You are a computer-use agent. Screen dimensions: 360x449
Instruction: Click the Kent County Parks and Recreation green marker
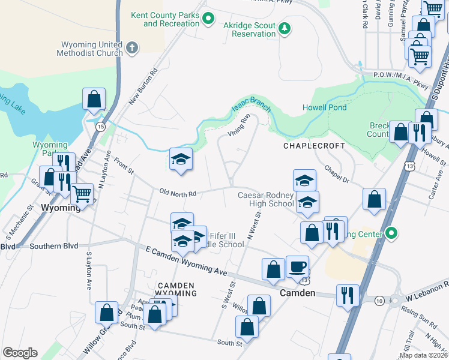click(208, 19)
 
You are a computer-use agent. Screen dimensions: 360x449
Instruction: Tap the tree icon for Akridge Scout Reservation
click(285, 28)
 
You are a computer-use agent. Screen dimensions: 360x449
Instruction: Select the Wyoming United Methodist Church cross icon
click(133, 47)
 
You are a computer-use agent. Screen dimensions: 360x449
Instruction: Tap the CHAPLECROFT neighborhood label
click(314, 146)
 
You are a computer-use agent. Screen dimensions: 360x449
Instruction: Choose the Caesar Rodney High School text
click(265, 199)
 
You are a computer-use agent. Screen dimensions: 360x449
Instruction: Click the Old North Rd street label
click(178, 193)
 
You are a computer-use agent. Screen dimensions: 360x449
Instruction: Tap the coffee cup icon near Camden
click(297, 266)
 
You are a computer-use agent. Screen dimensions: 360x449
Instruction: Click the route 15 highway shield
click(100, 127)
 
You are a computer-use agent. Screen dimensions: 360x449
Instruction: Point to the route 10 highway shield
click(379, 299)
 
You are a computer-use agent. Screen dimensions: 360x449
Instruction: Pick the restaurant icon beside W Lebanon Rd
click(348, 295)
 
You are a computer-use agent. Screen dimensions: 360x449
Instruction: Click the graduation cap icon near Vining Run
click(181, 159)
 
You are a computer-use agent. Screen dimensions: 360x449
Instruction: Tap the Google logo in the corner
click(20, 353)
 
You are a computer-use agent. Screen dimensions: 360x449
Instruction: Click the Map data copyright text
click(423, 355)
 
